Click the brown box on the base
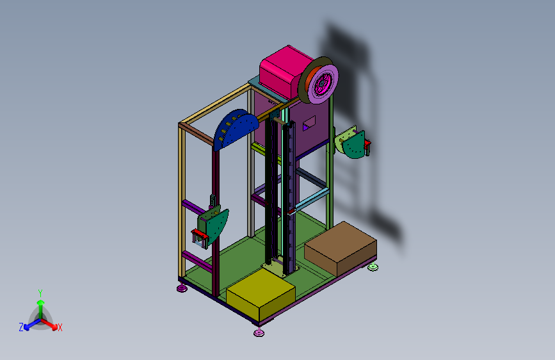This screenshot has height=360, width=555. [x=341, y=247]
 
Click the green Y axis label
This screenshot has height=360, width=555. [x=40, y=293]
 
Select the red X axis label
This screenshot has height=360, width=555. [x=60, y=327]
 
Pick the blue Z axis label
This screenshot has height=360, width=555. [x=21, y=327]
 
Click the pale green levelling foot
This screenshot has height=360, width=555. [x=373, y=267]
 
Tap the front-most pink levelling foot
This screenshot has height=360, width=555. [x=259, y=332]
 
